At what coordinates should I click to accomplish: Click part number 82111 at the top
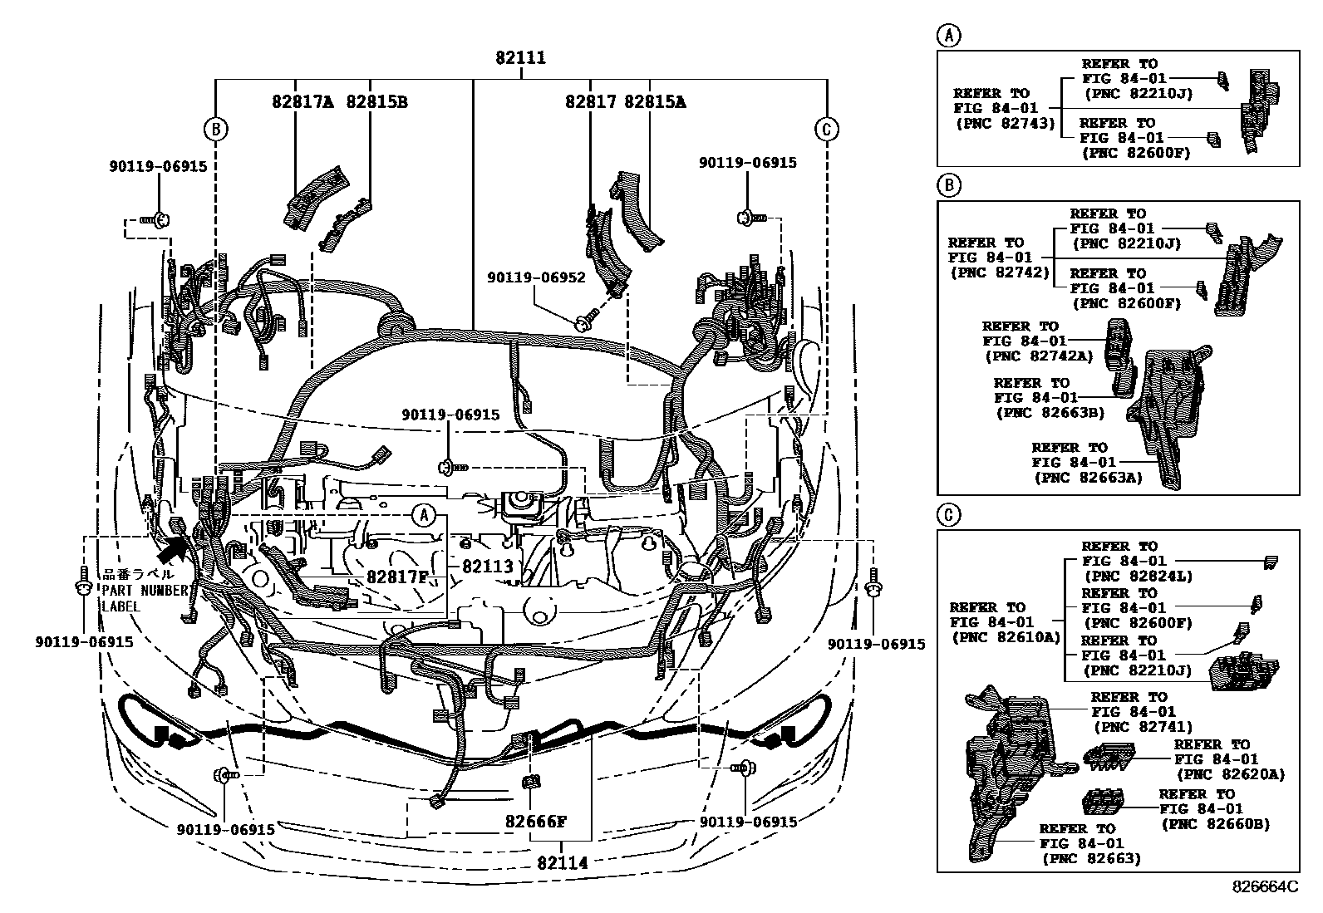(520, 58)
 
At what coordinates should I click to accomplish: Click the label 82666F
(536, 822)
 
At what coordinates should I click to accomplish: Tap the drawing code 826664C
(1264, 887)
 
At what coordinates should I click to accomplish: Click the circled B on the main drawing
(215, 129)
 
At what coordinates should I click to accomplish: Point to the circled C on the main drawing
(826, 129)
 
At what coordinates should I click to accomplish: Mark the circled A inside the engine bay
(424, 516)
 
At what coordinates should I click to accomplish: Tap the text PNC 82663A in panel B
(1088, 477)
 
